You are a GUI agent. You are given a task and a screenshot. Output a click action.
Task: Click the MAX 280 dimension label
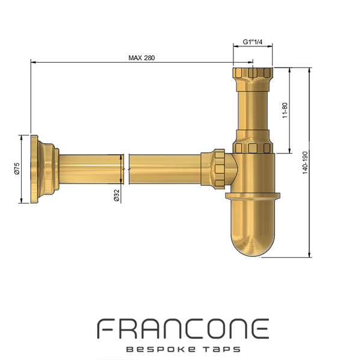pyautogui.click(x=141, y=58)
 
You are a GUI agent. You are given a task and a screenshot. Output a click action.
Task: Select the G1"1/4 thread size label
pyautogui.click(x=253, y=42)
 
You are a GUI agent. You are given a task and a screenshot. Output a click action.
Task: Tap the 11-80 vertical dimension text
pyautogui.click(x=285, y=110)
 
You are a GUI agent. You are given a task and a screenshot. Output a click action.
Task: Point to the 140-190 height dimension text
pyautogui.click(x=305, y=163)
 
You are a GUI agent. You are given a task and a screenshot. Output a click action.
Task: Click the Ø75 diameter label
pyautogui.click(x=17, y=169)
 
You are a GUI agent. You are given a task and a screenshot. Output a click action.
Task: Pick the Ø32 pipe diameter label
pyautogui.click(x=117, y=195)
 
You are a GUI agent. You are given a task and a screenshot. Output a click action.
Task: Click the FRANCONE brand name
pyautogui.click(x=183, y=329)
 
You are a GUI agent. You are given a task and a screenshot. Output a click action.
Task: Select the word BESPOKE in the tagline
pyautogui.click(x=161, y=349)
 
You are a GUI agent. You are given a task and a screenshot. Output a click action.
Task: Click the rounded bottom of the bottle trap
pyautogui.click(x=253, y=240)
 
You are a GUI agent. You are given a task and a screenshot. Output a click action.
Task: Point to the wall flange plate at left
pyautogui.click(x=34, y=169)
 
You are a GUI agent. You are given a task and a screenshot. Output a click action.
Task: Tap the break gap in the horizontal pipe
pyautogui.click(x=126, y=169)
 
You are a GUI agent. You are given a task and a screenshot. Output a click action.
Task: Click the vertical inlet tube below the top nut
pyautogui.click(x=253, y=111)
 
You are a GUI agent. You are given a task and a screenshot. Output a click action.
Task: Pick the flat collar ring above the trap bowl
pyautogui.click(x=253, y=195)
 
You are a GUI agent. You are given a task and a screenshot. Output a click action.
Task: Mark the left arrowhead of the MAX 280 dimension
pyautogui.click(x=33, y=62)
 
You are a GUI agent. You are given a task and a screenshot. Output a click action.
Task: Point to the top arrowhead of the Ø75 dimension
pyautogui.click(x=22, y=138)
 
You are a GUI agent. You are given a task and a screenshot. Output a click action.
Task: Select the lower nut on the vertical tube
pyautogui.click(x=253, y=147)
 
